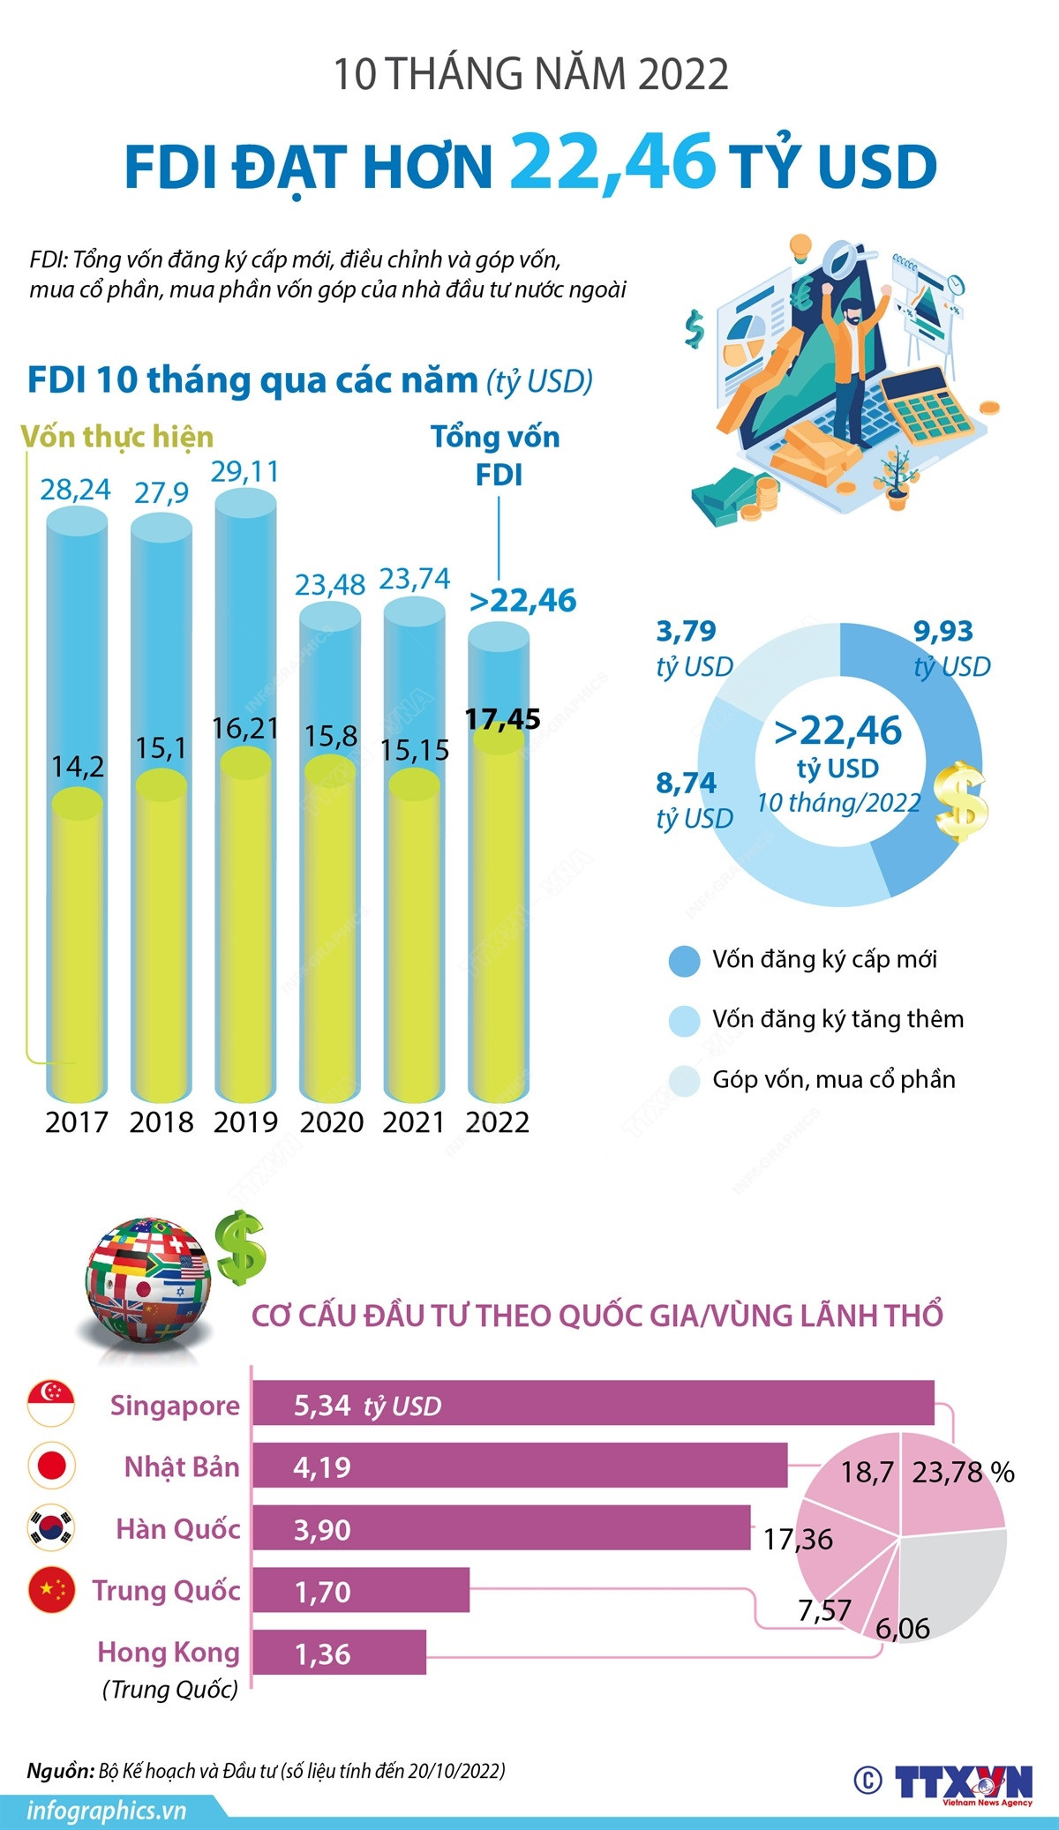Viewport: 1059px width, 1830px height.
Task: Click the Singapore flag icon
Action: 51,1404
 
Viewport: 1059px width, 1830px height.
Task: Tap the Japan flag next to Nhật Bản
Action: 51,1466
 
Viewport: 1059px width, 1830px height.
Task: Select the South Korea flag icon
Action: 51,1527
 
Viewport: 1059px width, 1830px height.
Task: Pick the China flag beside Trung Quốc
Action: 51,1589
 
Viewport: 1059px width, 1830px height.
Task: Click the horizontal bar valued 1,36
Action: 339,1652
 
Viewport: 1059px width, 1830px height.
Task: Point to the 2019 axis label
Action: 245,1122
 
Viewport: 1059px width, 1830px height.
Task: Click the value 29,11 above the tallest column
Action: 244,472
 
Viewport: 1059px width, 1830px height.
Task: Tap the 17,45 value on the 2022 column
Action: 502,719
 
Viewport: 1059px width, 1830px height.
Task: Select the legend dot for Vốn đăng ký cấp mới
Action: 685,961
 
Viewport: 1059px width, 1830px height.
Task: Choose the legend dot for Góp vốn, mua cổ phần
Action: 685,1080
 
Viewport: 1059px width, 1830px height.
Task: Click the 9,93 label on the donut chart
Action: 943,631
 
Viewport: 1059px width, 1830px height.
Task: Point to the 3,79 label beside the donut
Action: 686,631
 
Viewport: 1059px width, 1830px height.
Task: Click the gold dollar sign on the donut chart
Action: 961,801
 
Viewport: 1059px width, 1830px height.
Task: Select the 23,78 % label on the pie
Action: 962,1472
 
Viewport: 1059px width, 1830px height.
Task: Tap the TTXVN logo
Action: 963,1783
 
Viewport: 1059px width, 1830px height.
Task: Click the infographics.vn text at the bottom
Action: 107,1811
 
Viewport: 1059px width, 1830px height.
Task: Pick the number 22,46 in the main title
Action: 612,161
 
